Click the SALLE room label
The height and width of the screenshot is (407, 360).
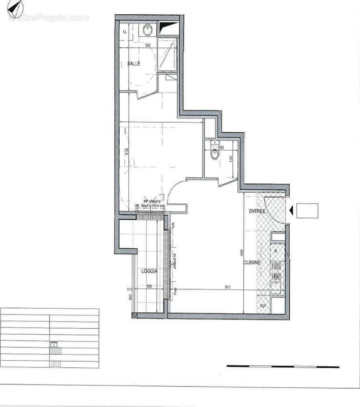pyautogui.click(x=133, y=64)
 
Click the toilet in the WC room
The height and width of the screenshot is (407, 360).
pyautogui.click(x=214, y=151)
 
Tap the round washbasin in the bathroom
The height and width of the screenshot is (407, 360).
pyautogui.click(x=147, y=30)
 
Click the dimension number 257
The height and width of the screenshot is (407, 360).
pyautogui.click(x=148, y=45)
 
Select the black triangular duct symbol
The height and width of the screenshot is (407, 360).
pyautogui.click(x=168, y=28)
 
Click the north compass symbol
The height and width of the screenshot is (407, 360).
pyautogui.click(x=18, y=7)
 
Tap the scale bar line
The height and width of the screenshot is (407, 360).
pyautogui.click(x=283, y=366)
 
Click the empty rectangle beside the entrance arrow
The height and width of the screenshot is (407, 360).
pyautogui.click(x=307, y=210)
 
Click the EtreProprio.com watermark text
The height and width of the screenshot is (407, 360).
pyautogui.click(x=48, y=18)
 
